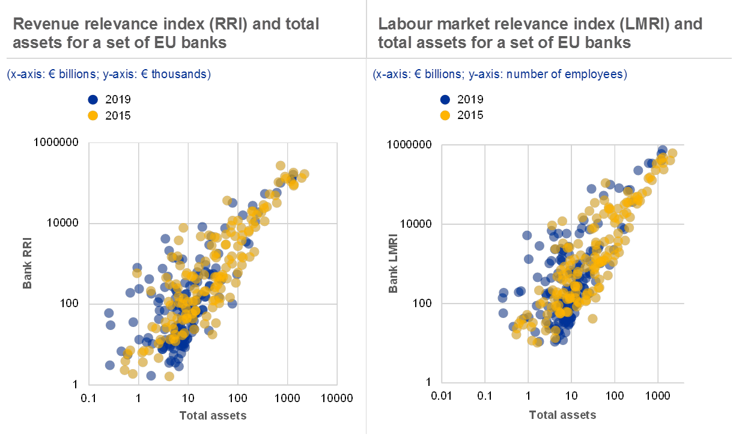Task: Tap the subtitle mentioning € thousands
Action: point(109,75)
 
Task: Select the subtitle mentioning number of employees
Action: point(500,75)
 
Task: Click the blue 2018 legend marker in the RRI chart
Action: point(93,100)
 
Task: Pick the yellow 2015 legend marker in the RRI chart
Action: point(93,115)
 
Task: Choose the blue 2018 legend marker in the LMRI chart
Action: point(445,100)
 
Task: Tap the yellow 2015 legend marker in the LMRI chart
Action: point(445,115)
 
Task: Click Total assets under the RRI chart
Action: point(213,415)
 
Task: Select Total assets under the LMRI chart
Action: point(562,415)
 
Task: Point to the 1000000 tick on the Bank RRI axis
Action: point(56,142)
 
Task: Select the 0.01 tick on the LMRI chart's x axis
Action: point(441,395)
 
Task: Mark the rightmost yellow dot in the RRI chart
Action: point(304,174)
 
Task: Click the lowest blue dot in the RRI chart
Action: point(151,376)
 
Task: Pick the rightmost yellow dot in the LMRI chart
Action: point(672,153)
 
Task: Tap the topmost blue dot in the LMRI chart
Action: point(663,150)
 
